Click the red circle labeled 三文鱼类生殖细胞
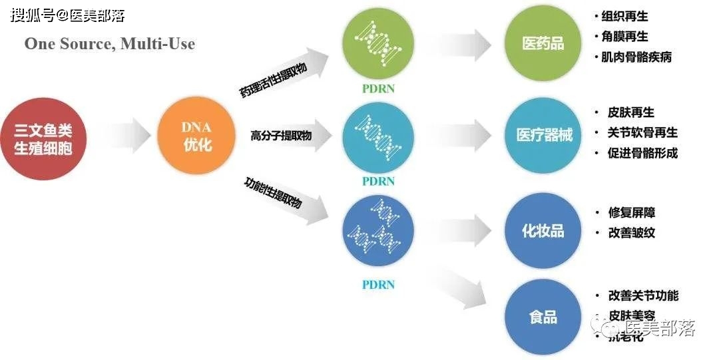(x=43, y=138)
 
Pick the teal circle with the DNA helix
(x=377, y=138)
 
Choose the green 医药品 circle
(x=543, y=44)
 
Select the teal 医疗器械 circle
(x=544, y=136)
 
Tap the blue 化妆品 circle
(x=543, y=230)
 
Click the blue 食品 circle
(x=543, y=317)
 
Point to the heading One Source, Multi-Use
(x=110, y=44)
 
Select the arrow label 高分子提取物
(x=281, y=136)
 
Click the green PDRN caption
(x=378, y=89)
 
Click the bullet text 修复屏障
(x=632, y=213)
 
